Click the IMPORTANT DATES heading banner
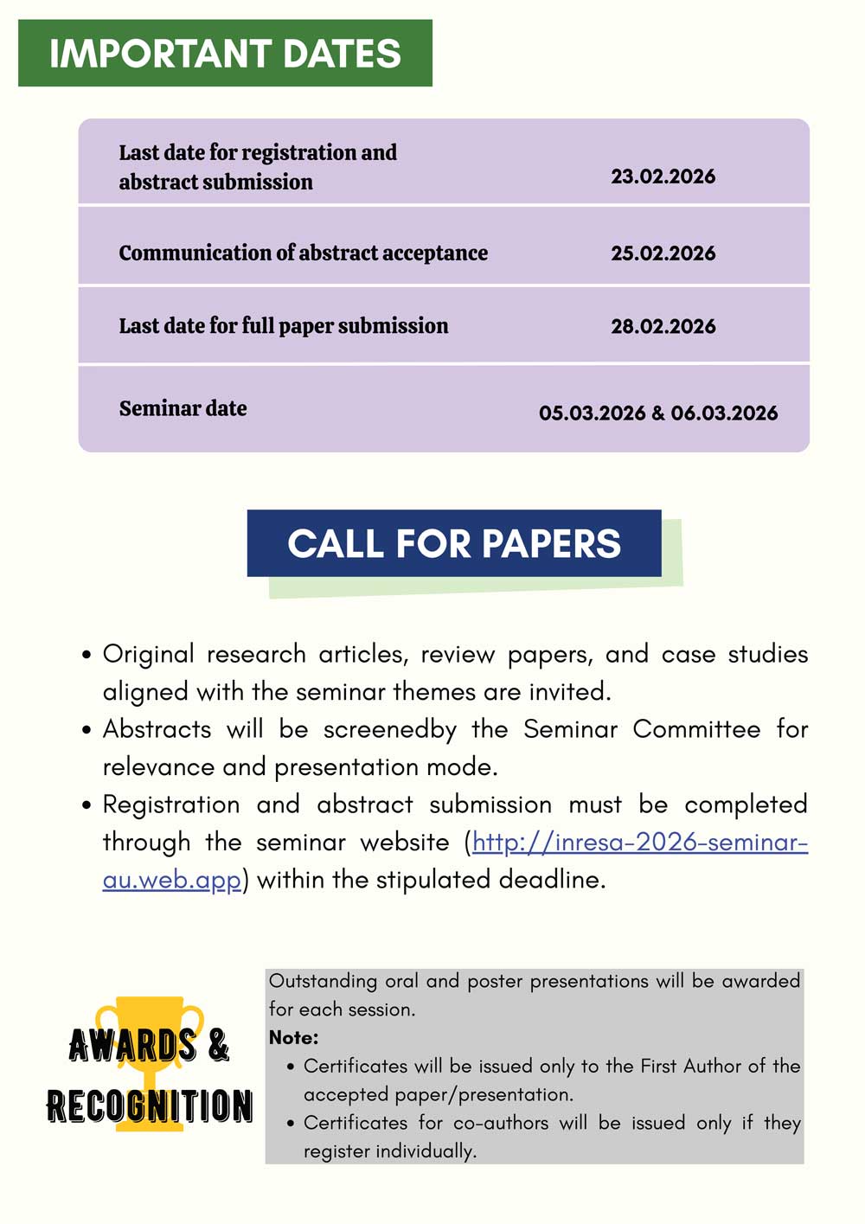tap(225, 54)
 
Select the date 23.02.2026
tap(663, 176)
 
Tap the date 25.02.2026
tap(663, 253)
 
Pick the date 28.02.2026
tap(663, 327)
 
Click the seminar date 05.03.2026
tap(592, 413)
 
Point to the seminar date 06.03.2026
tap(724, 413)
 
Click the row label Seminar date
tap(183, 408)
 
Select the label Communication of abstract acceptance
tap(303, 253)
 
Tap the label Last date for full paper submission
tap(284, 326)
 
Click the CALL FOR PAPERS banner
tap(454, 543)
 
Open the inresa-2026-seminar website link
tap(640, 843)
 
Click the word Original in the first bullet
tap(148, 655)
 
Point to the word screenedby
tap(389, 730)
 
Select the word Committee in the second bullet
tap(696, 729)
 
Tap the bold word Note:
tap(294, 1037)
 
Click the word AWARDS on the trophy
tap(132, 1045)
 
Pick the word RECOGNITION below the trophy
tap(150, 1106)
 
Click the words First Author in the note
tap(691, 1066)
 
